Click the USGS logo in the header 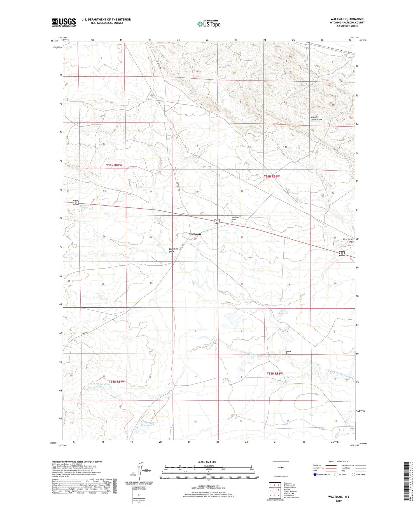pyautogui.click(x=64, y=22)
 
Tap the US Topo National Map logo pyautogui.click(x=209, y=24)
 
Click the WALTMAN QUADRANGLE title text pyautogui.click(x=347, y=19)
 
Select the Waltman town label pyautogui.click(x=195, y=234)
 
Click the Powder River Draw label pyautogui.click(x=317, y=118)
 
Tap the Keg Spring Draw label pyautogui.click(x=348, y=240)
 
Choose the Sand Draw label pyautogui.click(x=288, y=353)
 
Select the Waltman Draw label pyautogui.click(x=172, y=250)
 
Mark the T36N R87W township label pyautogui.click(x=114, y=165)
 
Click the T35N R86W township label pyautogui.click(x=275, y=373)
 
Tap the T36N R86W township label pyautogui.click(x=272, y=176)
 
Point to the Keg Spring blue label pyautogui.click(x=281, y=312)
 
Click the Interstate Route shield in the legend pyautogui.click(x=315, y=475)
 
